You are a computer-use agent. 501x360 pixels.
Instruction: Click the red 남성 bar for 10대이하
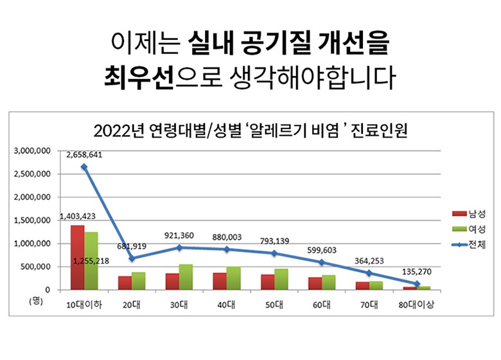(77, 257)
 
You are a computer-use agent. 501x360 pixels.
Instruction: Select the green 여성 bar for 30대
(186, 277)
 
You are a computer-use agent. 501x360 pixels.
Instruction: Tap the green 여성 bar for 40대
(233, 278)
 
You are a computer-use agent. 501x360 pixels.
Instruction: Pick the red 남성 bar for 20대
(125, 283)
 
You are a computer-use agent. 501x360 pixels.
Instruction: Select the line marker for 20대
(131, 258)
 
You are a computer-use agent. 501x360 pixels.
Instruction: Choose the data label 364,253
(368, 261)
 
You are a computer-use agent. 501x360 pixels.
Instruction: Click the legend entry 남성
(469, 213)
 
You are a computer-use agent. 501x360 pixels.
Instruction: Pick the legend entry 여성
(469, 229)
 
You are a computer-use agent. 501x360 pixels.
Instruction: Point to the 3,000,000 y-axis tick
(33, 151)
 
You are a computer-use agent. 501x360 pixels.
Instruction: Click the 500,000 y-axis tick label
(37, 267)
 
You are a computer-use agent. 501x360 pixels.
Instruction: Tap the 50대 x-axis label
(278, 304)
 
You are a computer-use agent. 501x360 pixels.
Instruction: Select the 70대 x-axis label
(373, 304)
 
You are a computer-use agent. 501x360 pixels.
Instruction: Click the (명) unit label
(36, 301)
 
